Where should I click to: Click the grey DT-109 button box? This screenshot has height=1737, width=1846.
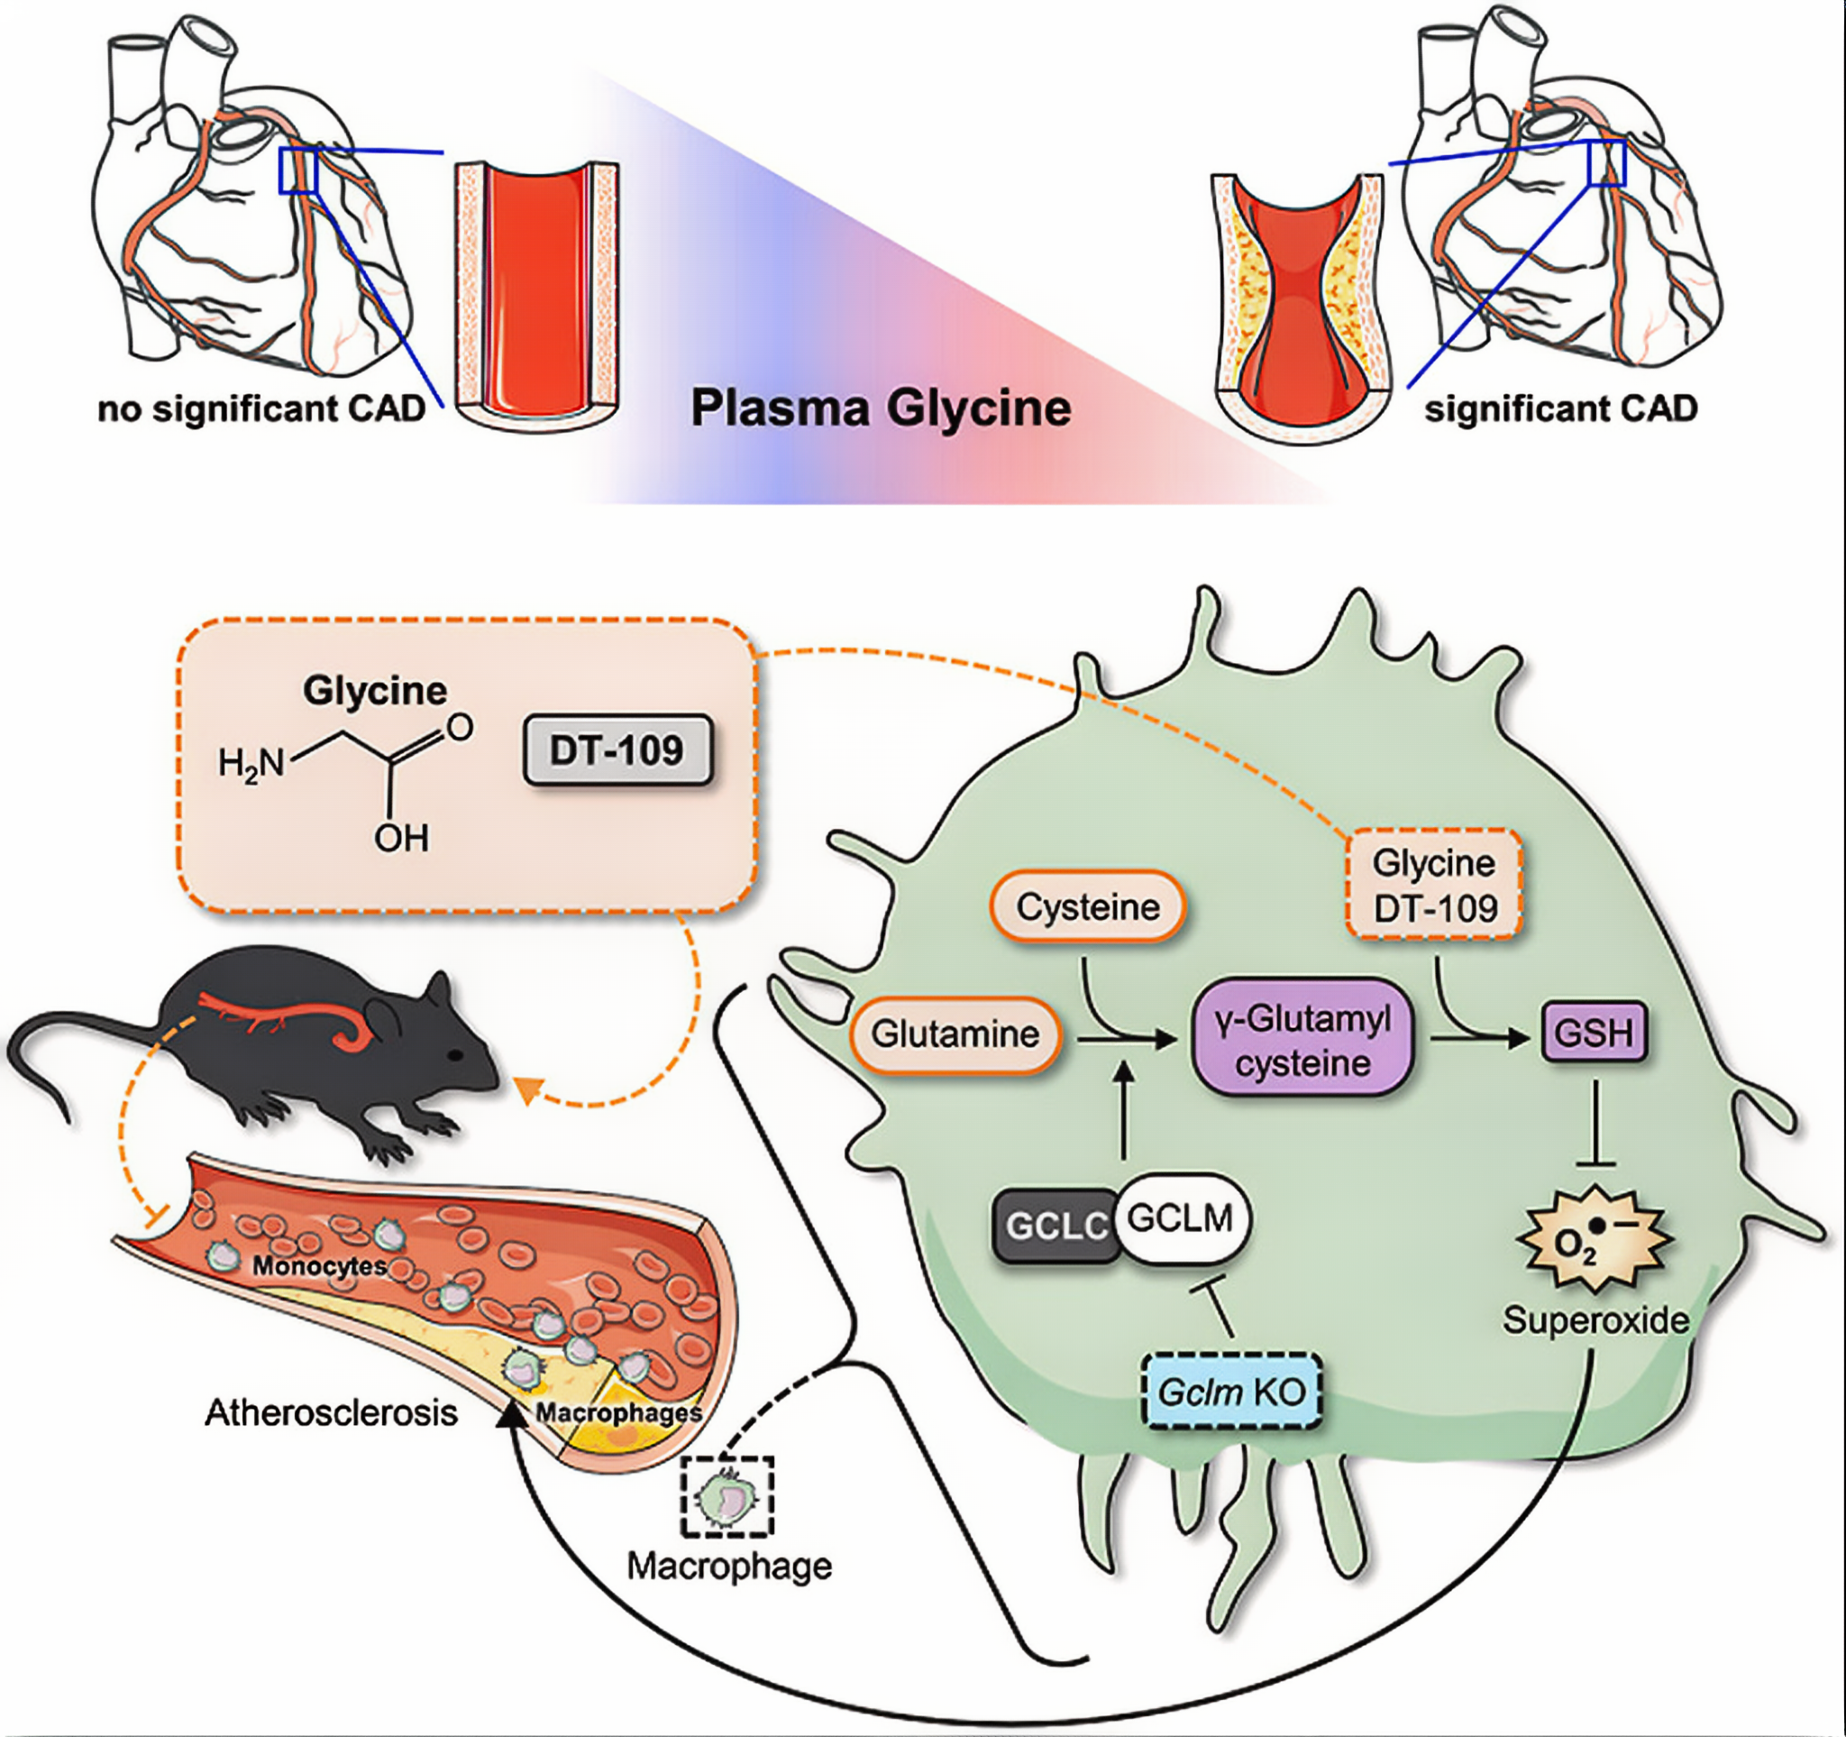617,749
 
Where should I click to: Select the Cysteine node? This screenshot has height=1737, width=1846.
1087,906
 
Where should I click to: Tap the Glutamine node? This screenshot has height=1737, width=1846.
955,1034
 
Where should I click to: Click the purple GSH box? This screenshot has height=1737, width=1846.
1594,1033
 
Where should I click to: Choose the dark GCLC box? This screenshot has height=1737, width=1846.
1055,1227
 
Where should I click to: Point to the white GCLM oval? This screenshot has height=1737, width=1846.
1182,1218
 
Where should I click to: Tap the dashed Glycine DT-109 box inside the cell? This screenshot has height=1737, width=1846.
1434,886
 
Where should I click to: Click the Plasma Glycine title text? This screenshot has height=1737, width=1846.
881,409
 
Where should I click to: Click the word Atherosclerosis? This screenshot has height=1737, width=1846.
332,1413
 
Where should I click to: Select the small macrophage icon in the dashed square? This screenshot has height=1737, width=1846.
727,1496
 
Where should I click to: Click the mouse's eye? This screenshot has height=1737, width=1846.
456,1055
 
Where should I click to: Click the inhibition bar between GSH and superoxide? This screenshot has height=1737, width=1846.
1595,1163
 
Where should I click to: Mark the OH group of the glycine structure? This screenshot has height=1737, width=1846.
401,839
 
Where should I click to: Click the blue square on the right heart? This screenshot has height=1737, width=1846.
1606,163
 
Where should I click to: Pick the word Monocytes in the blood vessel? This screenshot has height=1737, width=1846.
319,1265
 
